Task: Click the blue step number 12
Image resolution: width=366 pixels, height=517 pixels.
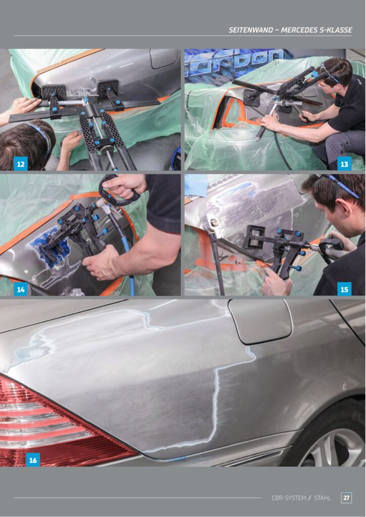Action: (20, 164)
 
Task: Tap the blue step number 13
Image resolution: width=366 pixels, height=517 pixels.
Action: (344, 164)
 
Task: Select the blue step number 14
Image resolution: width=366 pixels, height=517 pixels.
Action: (20, 289)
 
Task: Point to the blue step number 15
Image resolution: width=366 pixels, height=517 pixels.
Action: (344, 289)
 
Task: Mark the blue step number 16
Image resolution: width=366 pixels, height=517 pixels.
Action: (33, 459)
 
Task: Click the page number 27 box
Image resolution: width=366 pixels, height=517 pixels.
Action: (346, 497)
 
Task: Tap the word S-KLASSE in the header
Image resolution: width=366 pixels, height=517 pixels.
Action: (336, 30)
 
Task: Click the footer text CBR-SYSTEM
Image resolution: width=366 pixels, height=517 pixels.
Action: (289, 498)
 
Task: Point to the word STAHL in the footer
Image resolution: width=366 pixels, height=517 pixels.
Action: (323, 498)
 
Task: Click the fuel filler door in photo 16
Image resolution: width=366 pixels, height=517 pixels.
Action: (260, 322)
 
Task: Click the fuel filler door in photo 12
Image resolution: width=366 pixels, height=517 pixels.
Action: (164, 58)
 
